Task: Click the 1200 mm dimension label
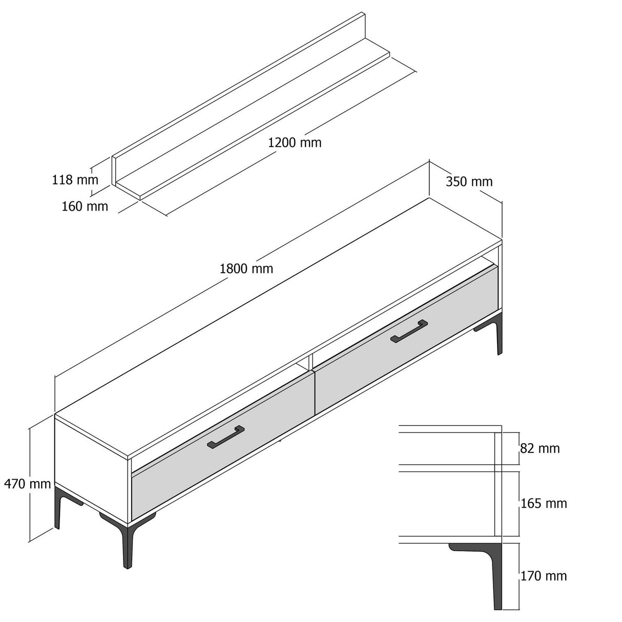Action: pyautogui.click(x=295, y=142)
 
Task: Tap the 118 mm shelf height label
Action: pyautogui.click(x=75, y=180)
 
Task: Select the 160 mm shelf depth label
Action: pyautogui.click(x=85, y=206)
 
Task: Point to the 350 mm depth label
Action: pyautogui.click(x=469, y=181)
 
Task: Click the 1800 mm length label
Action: pyautogui.click(x=246, y=268)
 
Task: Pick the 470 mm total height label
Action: pyautogui.click(x=28, y=483)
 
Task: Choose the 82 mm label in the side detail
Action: pyautogui.click(x=540, y=449)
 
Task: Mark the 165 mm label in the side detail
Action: pyautogui.click(x=544, y=504)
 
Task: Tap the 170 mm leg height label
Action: pyautogui.click(x=544, y=576)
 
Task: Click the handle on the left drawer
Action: pyautogui.click(x=226, y=437)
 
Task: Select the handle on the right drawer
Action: pyautogui.click(x=409, y=331)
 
